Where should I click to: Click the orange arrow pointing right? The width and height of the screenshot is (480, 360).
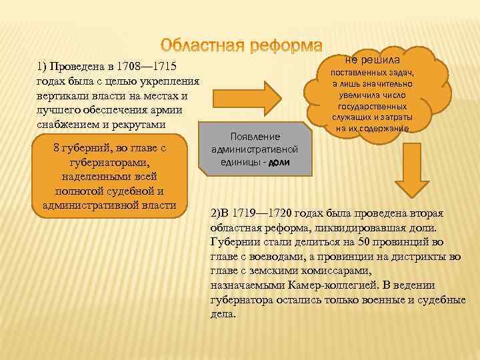pos(258,95)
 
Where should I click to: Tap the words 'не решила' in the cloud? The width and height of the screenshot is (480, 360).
pos(373,59)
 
